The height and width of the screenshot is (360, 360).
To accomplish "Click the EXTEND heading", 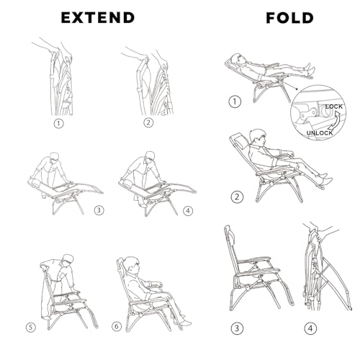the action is point(98,18).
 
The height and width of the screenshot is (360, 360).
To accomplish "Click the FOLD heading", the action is point(289,18).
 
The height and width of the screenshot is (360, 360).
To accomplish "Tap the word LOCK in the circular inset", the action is point(334,107).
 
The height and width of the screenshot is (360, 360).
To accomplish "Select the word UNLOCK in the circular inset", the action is point(320,132).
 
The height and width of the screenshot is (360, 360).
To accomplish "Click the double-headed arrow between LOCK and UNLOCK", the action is point(336,120).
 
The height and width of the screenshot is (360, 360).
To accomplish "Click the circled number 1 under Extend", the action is point(58,124).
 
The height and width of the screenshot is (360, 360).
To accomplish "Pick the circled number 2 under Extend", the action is point(148,122).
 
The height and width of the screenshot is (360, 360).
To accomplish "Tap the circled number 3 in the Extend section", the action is point(99,210).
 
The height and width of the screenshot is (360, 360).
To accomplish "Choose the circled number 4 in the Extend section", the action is point(188,211).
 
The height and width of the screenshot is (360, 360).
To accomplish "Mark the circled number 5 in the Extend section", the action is point(31,328).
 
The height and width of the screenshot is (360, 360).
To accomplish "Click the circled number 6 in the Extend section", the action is point(117,326).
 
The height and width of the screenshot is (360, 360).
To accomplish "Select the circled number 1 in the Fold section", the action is point(235,102).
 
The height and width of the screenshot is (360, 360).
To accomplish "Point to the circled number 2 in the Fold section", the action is point(237,197).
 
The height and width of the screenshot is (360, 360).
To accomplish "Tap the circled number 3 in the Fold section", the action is point(237,328).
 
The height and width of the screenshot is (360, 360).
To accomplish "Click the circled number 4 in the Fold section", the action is point(310,328).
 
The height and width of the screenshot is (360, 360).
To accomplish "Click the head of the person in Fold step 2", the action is point(257,137).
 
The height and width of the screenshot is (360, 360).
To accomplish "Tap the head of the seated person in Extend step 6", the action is point(132,265).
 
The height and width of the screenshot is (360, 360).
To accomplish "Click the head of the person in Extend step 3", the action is point(54,157).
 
